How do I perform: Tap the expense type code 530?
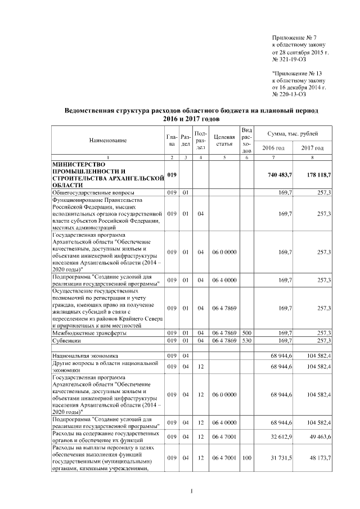tap(246, 341)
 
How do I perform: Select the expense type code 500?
tap(246, 334)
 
